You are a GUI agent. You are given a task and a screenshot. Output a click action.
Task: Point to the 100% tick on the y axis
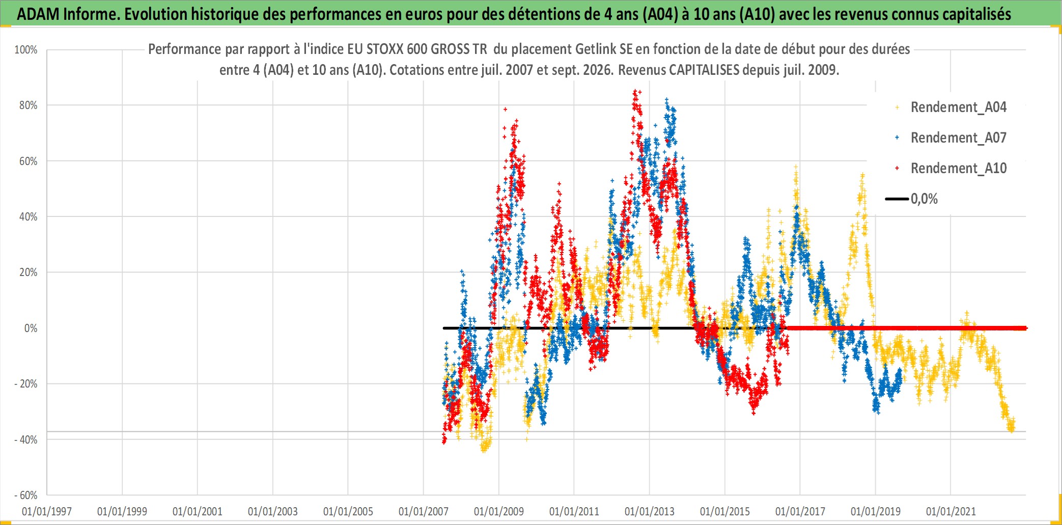point(26,50)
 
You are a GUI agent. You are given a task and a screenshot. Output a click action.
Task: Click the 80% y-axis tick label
point(28,105)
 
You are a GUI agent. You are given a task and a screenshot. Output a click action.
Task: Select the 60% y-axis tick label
point(28,161)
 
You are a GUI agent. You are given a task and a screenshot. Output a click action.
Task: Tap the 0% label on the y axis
point(31,328)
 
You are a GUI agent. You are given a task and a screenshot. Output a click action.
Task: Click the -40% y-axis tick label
point(26,440)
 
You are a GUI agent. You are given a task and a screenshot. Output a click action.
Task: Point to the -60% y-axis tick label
point(26,495)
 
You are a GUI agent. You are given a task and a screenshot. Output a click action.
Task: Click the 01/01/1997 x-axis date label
point(47,511)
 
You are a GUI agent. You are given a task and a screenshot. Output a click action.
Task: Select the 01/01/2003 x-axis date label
point(273,511)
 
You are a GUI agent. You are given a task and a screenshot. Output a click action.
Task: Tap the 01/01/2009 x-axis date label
point(499,511)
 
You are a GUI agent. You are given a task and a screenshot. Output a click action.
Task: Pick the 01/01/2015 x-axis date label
point(725,511)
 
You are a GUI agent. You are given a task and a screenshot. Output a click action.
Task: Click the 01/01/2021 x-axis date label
point(951,511)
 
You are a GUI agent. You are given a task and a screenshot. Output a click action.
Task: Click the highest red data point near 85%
point(634,92)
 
